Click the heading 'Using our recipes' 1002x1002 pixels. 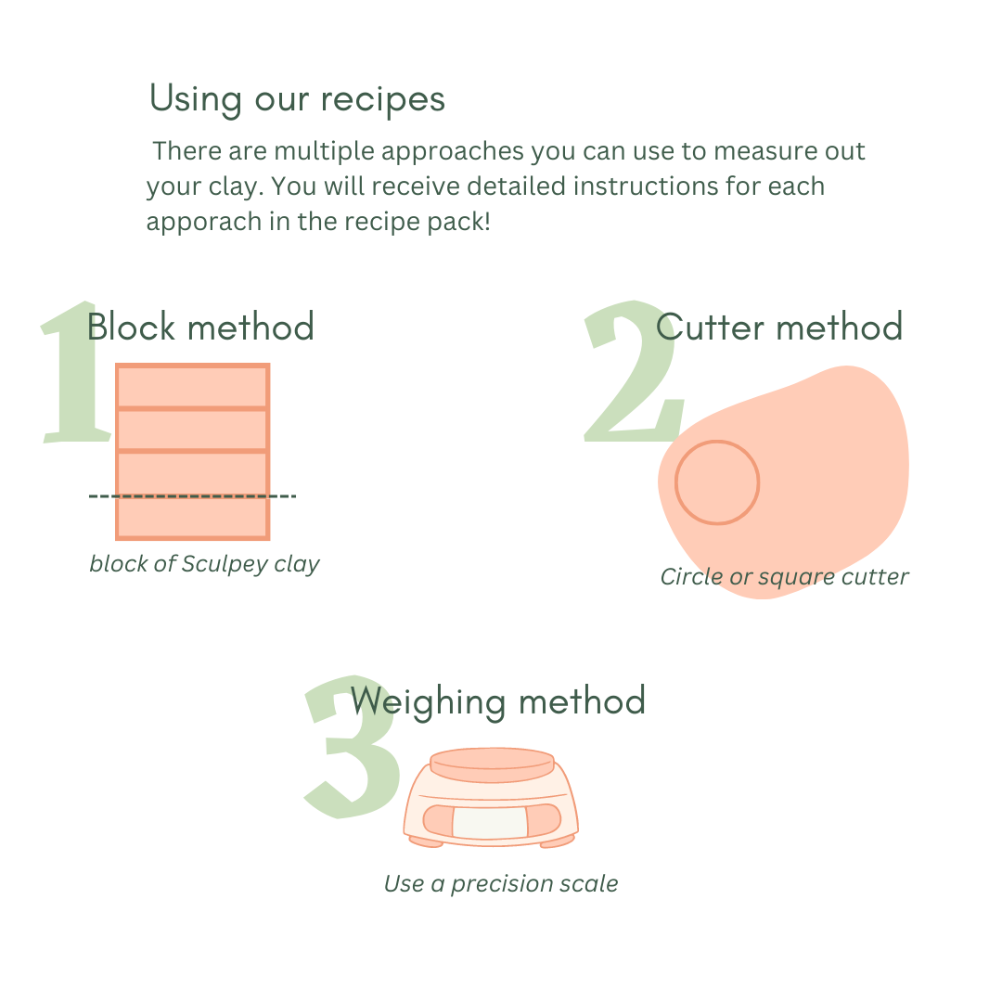pos(297,99)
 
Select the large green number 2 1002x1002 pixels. pos(634,370)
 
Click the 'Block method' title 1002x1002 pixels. pos(200,327)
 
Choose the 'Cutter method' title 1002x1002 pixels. pos(779,327)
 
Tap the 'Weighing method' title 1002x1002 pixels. pos(498,701)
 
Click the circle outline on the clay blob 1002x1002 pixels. pos(717,441)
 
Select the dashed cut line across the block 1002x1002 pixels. pos(192,495)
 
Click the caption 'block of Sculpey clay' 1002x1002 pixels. pos(204,564)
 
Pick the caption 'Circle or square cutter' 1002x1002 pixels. pos(784,577)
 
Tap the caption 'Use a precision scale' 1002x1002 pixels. pos(501,884)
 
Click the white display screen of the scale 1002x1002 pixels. pos(490,822)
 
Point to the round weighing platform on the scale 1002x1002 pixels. pos(492,764)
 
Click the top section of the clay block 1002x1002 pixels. pos(192,386)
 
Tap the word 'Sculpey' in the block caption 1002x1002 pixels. pos(225,564)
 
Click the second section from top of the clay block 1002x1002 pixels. pos(192,430)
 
